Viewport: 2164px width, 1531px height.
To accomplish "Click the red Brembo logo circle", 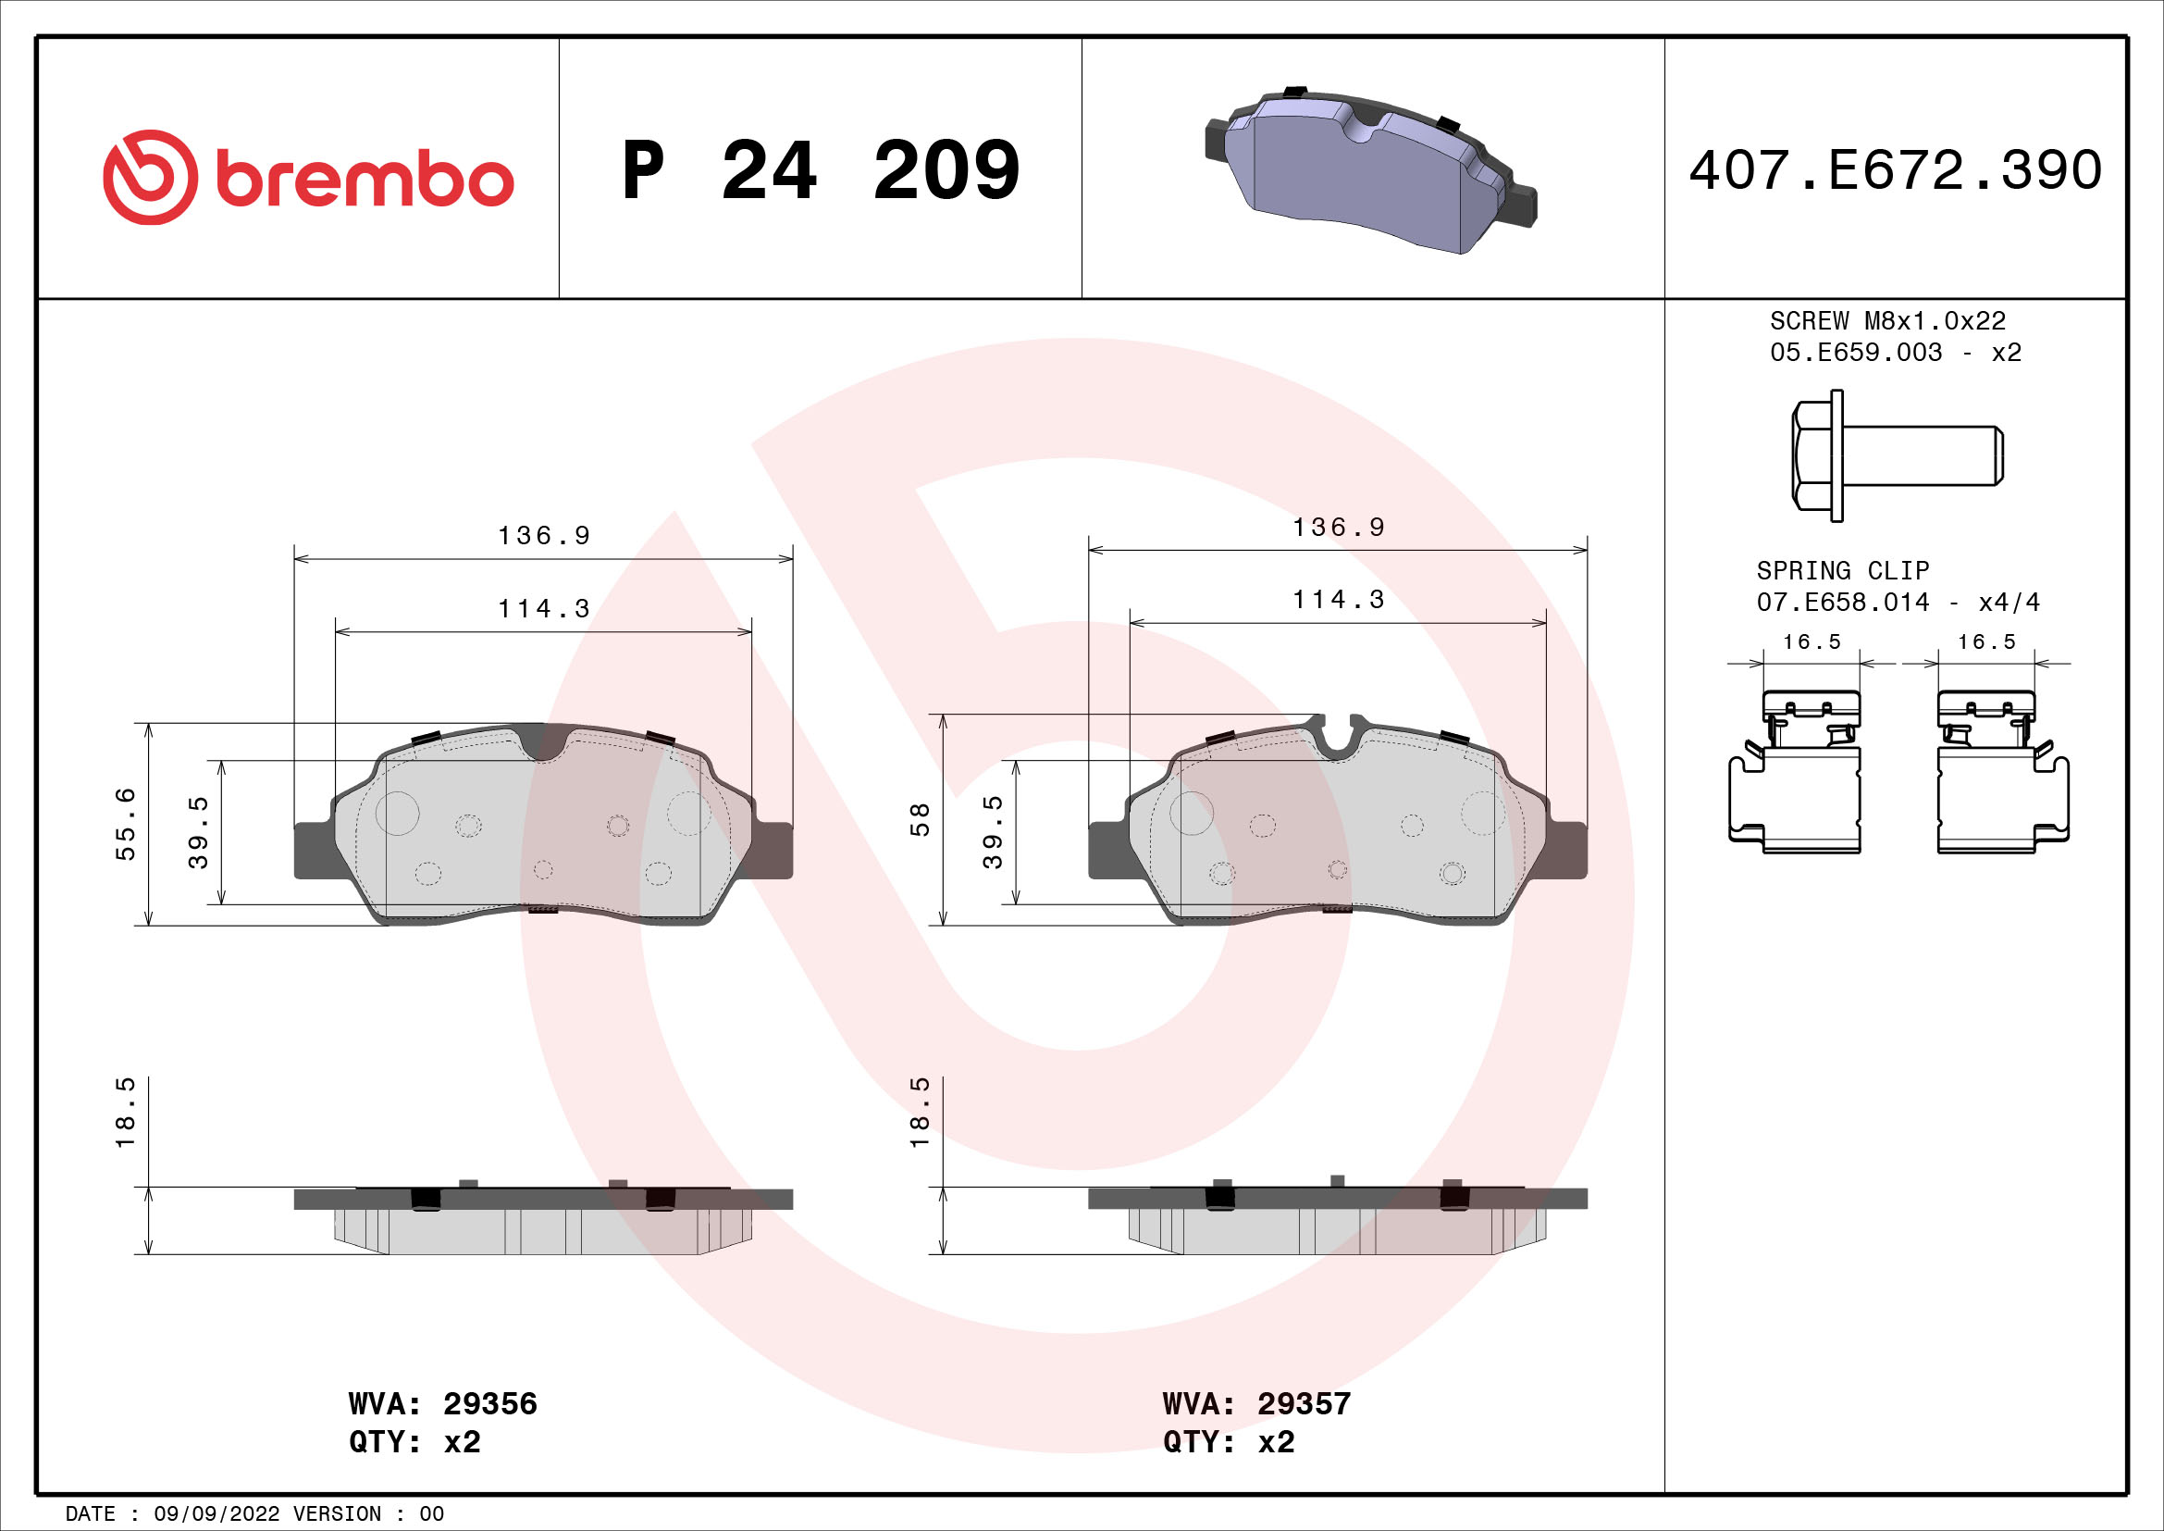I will pyautogui.click(x=151, y=177).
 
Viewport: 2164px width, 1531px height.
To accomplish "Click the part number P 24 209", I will pyautogui.click(x=820, y=170).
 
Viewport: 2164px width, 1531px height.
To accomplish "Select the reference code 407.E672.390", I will pyautogui.click(x=1895, y=170).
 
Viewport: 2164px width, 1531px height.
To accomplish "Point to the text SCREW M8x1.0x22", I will pyautogui.click(x=1886, y=320).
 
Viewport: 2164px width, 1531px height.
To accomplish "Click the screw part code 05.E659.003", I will pyautogui.click(x=1855, y=353).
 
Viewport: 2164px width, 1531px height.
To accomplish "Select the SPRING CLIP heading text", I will pyautogui.click(x=1842, y=570).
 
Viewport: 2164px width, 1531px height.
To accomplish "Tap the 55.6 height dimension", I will pyautogui.click(x=125, y=824).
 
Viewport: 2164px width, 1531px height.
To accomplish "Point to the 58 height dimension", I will pyautogui.click(x=919, y=819).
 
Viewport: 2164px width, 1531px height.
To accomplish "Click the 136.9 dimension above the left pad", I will pyautogui.click(x=544, y=535).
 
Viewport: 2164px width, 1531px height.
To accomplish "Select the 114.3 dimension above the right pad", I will pyautogui.click(x=1339, y=600).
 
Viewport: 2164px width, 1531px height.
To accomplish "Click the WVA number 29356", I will pyautogui.click(x=490, y=1404).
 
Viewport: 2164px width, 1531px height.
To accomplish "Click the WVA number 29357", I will pyautogui.click(x=1304, y=1404).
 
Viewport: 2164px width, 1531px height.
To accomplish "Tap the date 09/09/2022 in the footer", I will pyautogui.click(x=216, y=1514).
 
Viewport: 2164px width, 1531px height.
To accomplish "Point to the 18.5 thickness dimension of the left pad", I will pyautogui.click(x=125, y=1113).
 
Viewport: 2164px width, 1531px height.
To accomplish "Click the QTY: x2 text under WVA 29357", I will pyautogui.click(x=1228, y=1442).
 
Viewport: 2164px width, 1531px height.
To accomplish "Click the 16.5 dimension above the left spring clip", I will pyautogui.click(x=1811, y=642).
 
